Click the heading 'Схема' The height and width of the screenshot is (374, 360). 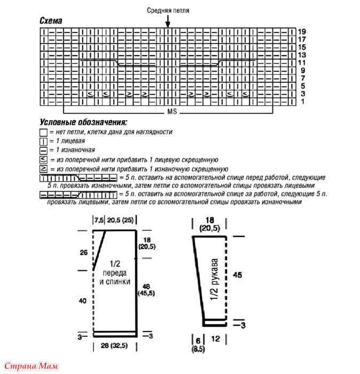point(51,21)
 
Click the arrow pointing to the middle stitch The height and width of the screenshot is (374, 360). point(168,21)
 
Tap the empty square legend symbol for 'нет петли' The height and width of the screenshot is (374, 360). point(44,132)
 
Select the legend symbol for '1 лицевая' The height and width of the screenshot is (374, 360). point(44,141)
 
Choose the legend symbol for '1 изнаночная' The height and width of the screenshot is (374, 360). point(44,150)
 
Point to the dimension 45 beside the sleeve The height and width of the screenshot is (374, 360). point(239,275)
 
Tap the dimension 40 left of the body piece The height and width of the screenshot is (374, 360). point(83,301)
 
